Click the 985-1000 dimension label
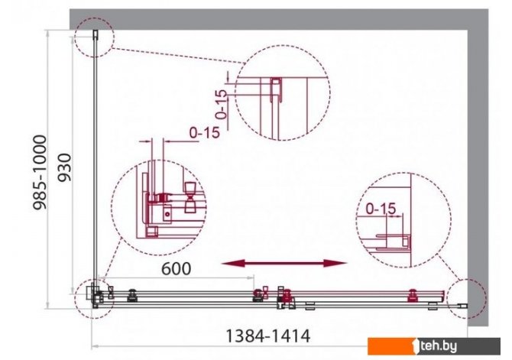point(41,172)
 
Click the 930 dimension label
point(64,167)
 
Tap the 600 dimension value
point(177,268)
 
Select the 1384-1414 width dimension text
point(267,336)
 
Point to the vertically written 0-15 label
point(222,104)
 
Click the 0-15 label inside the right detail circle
point(381,209)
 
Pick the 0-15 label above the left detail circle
point(204,133)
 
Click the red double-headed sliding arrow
point(284,263)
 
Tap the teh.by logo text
point(439,345)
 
